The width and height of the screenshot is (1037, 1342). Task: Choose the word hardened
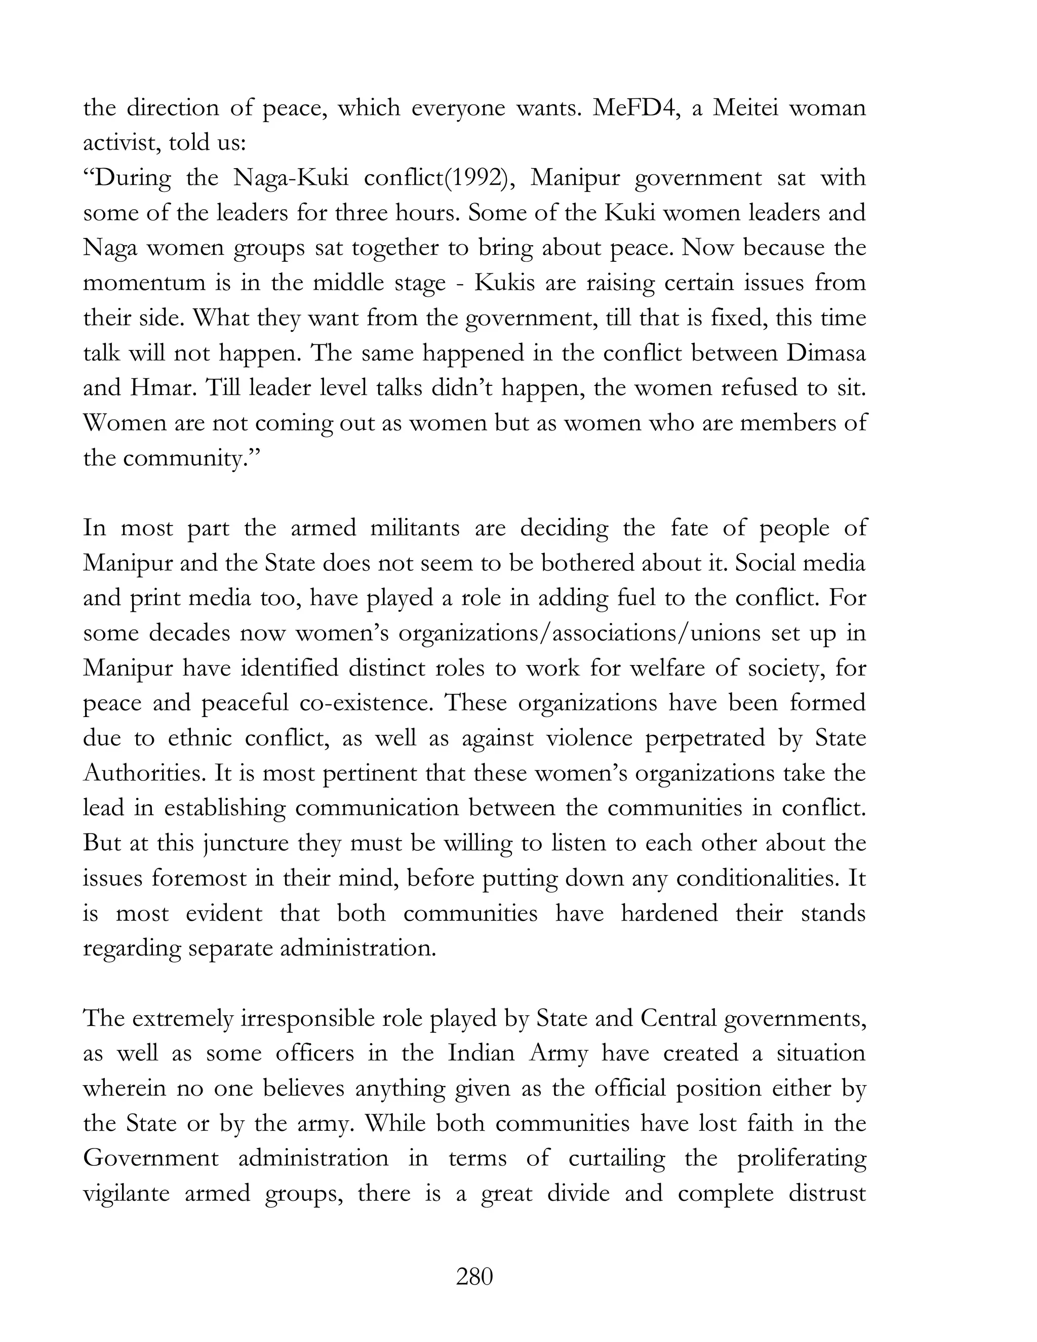[669, 913]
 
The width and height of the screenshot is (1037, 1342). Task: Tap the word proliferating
[801, 1159]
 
